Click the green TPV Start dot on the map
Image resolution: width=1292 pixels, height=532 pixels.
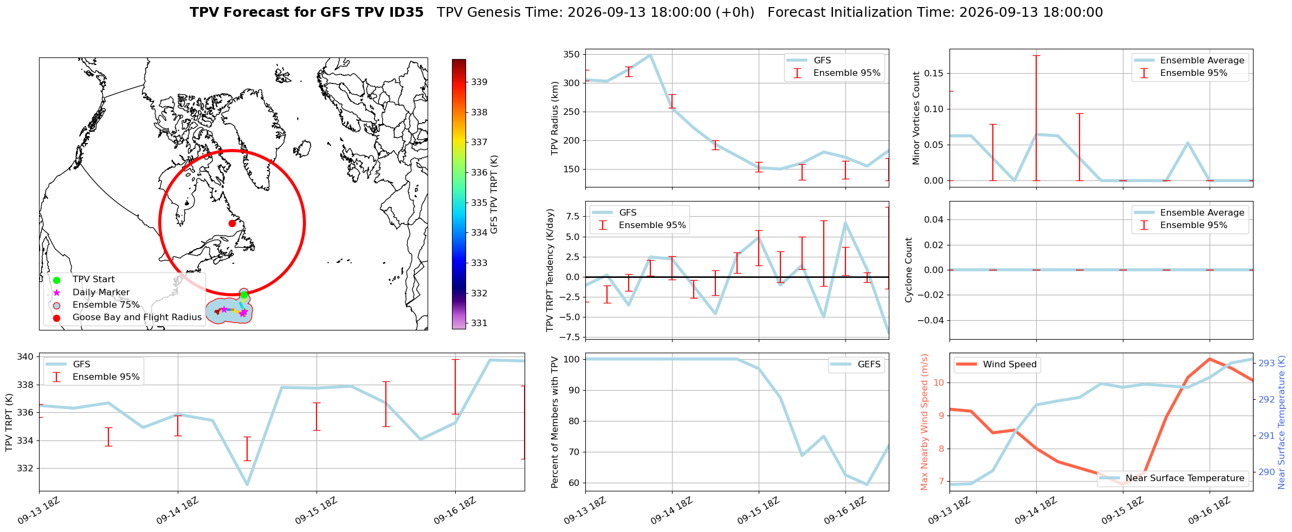pos(244,295)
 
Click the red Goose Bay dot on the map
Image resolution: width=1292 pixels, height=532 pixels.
pos(232,223)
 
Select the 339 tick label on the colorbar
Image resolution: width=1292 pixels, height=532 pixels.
pos(479,82)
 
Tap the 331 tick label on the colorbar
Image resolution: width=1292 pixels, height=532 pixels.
pos(479,323)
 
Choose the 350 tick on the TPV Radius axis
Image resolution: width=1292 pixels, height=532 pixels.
pos(572,55)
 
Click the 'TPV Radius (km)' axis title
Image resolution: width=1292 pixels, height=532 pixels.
pos(554,118)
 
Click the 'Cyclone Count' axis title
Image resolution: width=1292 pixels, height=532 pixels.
pos(909,270)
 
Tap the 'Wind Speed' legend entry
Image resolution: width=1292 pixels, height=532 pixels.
pos(997,365)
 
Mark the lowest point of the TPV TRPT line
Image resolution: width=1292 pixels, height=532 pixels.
pos(247,484)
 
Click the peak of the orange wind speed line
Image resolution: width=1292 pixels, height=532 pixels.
pos(1209,359)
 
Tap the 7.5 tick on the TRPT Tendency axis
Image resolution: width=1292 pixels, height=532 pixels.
pos(573,217)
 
